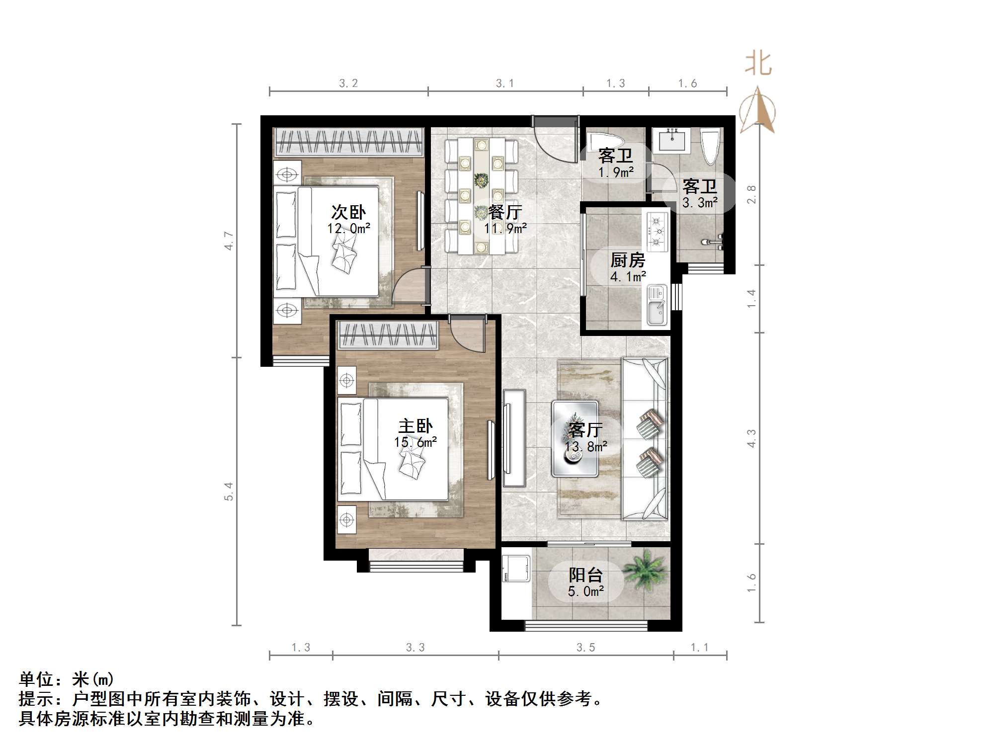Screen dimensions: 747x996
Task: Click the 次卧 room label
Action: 348,212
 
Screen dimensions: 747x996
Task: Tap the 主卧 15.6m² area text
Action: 415,442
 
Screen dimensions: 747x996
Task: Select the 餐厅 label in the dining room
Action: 505,213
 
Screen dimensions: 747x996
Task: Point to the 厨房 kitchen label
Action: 628,260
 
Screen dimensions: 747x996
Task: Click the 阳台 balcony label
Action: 586,575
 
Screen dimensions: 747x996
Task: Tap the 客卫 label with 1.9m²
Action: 615,156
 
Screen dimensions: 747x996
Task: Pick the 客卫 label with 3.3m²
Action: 700,187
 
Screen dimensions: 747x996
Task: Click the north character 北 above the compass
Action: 758,64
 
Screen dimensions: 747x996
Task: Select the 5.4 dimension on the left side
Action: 229,492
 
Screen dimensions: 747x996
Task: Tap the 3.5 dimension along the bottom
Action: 585,648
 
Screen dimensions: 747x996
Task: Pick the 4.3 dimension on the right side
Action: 751,438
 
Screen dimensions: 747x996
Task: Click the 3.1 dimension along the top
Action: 505,83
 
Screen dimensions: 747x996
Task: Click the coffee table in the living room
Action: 575,439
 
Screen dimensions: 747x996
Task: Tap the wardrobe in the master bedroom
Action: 388,334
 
